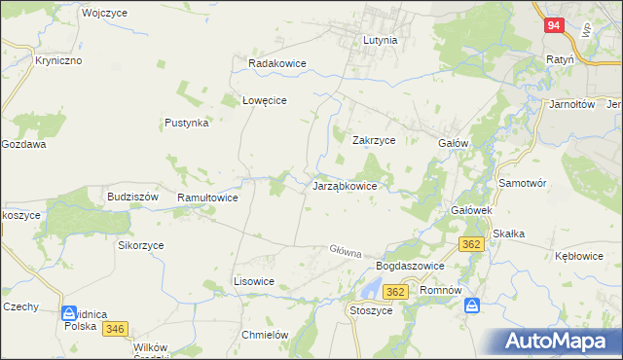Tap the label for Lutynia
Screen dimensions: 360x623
[x=380, y=41]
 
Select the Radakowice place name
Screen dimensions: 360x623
[x=277, y=63]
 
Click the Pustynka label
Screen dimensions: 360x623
[x=187, y=124]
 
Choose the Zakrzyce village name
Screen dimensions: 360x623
[x=373, y=139]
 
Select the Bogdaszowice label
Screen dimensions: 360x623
[x=410, y=266]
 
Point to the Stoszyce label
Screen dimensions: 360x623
[x=370, y=310]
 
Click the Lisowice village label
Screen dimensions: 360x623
[x=254, y=281]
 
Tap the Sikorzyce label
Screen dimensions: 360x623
[x=141, y=246]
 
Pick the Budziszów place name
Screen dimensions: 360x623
[x=132, y=196]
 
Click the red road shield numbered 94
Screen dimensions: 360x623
[x=553, y=26]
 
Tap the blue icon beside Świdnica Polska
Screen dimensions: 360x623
[x=70, y=314]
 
